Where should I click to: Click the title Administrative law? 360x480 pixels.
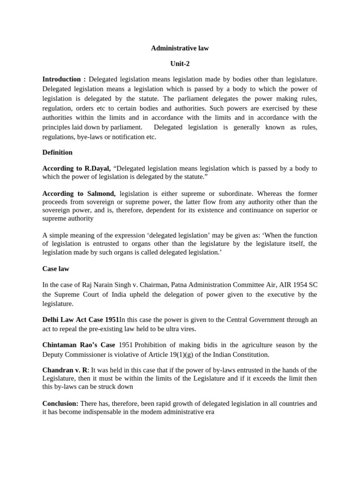click(x=180, y=48)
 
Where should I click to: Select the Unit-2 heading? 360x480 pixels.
click(x=180, y=64)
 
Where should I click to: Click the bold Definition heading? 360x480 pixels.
click(x=57, y=152)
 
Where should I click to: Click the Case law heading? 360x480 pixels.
click(x=56, y=269)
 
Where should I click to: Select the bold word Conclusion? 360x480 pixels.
click(x=60, y=404)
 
